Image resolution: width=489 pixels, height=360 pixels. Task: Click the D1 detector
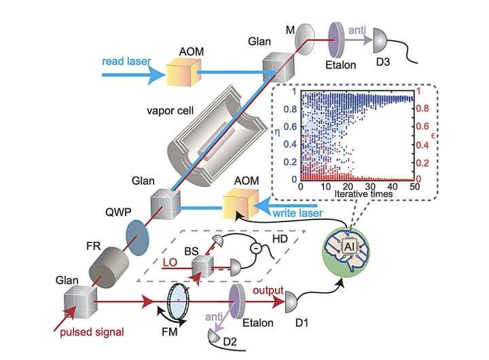tap(291, 300)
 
